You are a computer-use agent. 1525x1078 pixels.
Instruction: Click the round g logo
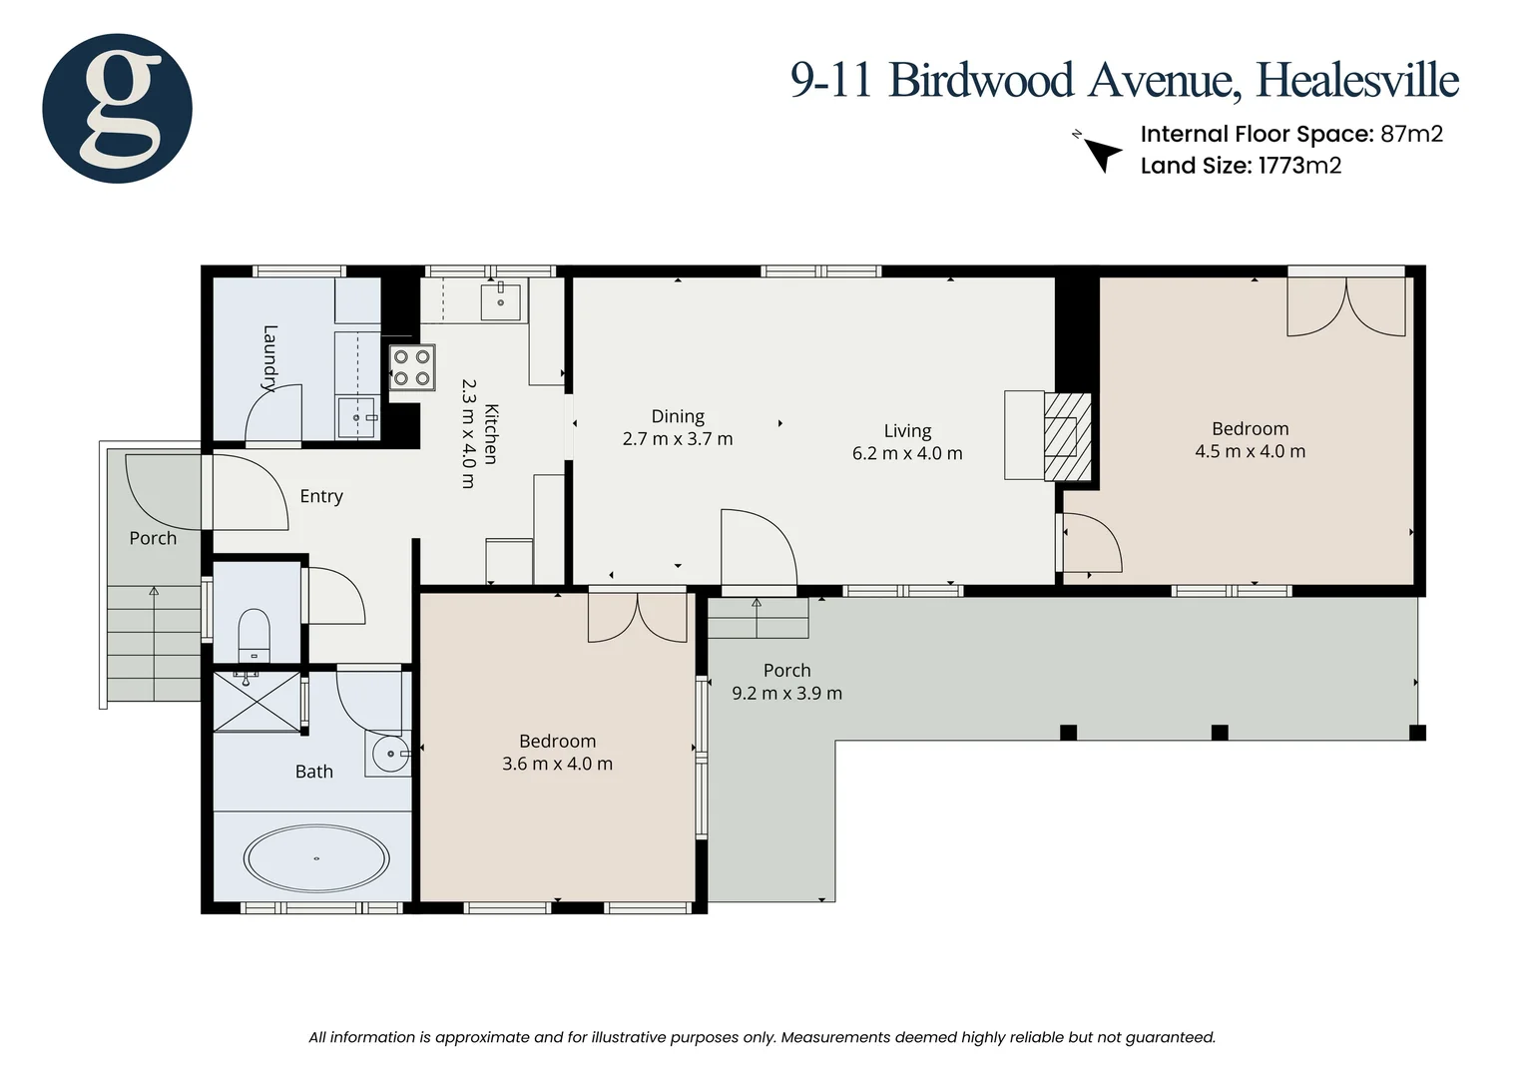[117, 108]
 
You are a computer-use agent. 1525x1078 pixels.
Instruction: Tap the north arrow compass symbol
[1098, 152]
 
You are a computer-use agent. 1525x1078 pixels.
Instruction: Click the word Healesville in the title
[1357, 81]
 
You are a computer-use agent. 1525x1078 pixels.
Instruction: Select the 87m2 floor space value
[1411, 134]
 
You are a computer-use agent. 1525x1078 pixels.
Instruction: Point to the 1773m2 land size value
[1299, 166]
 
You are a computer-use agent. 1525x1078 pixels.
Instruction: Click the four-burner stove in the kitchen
[412, 367]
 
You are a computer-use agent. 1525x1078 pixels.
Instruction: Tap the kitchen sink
[500, 301]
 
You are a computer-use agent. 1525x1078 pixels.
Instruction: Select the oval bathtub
[316, 858]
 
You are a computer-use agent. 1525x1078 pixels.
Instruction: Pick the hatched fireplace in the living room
[1068, 436]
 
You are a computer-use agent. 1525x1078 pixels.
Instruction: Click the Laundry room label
[269, 358]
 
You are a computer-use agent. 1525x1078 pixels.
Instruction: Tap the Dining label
[678, 416]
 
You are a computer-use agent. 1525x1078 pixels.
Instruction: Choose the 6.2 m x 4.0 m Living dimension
[907, 453]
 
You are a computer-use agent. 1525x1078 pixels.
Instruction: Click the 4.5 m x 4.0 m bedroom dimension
[1250, 451]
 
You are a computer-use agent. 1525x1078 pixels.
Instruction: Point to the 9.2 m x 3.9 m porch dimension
[787, 694]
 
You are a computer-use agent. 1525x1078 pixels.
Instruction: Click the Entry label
[321, 496]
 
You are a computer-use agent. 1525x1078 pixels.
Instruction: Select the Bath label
[313, 772]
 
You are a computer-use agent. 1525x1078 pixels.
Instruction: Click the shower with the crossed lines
[257, 702]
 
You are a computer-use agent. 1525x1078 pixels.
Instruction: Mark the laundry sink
[356, 417]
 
